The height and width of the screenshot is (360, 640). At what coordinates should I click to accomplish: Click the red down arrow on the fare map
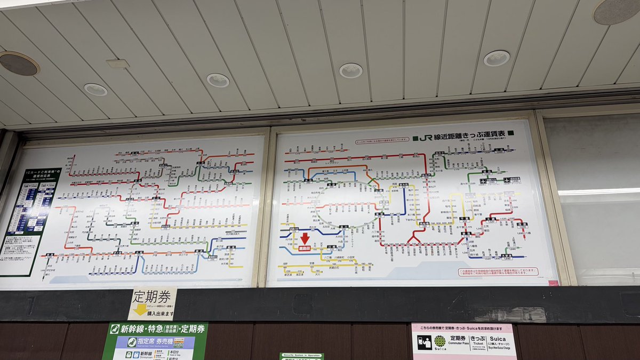pyautogui.click(x=305, y=238)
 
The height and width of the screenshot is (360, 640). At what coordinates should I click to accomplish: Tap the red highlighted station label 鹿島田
pyautogui.click(x=305, y=248)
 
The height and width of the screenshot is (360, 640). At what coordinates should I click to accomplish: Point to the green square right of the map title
pyautogui.click(x=510, y=133)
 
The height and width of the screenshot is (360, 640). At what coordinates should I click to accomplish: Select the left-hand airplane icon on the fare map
pyautogui.click(x=483, y=181)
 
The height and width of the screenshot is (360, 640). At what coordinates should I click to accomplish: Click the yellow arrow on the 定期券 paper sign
pyautogui.click(x=140, y=309)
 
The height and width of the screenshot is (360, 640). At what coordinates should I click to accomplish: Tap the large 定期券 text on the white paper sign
pyautogui.click(x=153, y=295)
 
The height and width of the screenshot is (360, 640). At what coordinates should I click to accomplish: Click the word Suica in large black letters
pyautogui.click(x=499, y=338)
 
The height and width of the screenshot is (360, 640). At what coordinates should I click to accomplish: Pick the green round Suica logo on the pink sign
pyautogui.click(x=439, y=341)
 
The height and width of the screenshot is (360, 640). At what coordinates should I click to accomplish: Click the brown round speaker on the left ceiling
pyautogui.click(x=19, y=63)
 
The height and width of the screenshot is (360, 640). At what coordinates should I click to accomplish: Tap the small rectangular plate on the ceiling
pyautogui.click(x=117, y=63)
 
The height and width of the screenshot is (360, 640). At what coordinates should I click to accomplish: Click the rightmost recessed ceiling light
pyautogui.click(x=497, y=58)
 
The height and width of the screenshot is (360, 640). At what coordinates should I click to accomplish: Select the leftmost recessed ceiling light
pyautogui.click(x=95, y=90)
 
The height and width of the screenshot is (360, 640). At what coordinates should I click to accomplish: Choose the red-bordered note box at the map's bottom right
pyautogui.click(x=497, y=273)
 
